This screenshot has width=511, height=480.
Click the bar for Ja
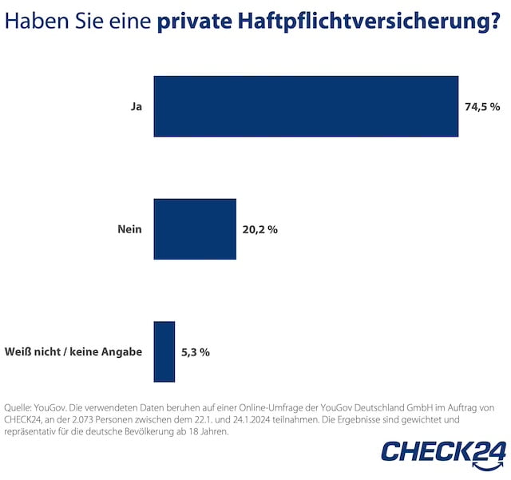coord(306,106)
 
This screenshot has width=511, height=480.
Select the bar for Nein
coord(195,229)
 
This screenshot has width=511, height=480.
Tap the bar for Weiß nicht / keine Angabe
coord(164,351)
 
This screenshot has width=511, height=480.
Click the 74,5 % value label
coord(482,106)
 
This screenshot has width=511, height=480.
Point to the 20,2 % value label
coord(259,229)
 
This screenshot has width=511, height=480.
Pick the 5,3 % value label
coord(196,351)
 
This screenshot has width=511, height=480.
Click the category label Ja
coord(136,106)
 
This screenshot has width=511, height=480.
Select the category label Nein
coord(129,229)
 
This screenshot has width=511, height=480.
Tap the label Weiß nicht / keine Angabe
coord(73,351)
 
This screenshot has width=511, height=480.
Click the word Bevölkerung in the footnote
coord(180,433)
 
